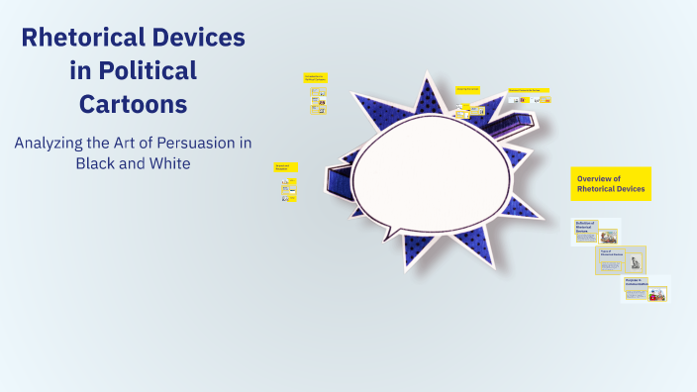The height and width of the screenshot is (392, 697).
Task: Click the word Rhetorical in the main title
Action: tap(84, 39)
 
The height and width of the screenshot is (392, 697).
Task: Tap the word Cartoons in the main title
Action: tap(134, 102)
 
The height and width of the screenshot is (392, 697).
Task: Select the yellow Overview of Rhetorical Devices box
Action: tap(611, 183)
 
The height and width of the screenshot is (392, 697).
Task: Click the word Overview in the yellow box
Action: tap(598, 177)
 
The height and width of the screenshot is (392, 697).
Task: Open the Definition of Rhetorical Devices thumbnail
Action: tap(597, 232)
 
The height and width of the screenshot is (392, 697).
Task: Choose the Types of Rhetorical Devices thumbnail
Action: tap(621, 260)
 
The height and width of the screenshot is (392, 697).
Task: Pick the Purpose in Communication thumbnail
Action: tap(646, 289)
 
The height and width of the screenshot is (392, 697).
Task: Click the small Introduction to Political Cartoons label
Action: tap(315, 77)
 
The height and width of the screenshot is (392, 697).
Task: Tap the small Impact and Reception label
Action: tap(285, 167)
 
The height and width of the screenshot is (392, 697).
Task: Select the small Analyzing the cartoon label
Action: tap(468, 89)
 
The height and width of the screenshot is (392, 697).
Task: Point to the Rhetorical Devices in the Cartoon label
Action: tap(530, 90)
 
